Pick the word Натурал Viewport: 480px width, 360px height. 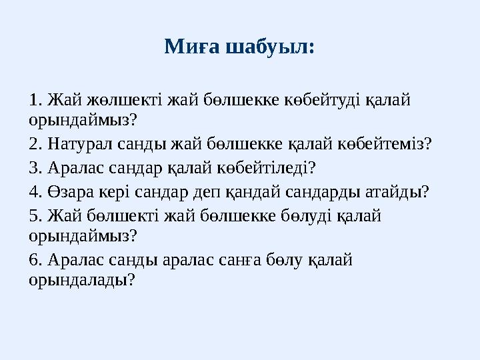coord(75,143)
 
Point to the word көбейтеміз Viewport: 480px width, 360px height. coord(390,143)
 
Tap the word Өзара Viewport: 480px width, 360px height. coord(65,192)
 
